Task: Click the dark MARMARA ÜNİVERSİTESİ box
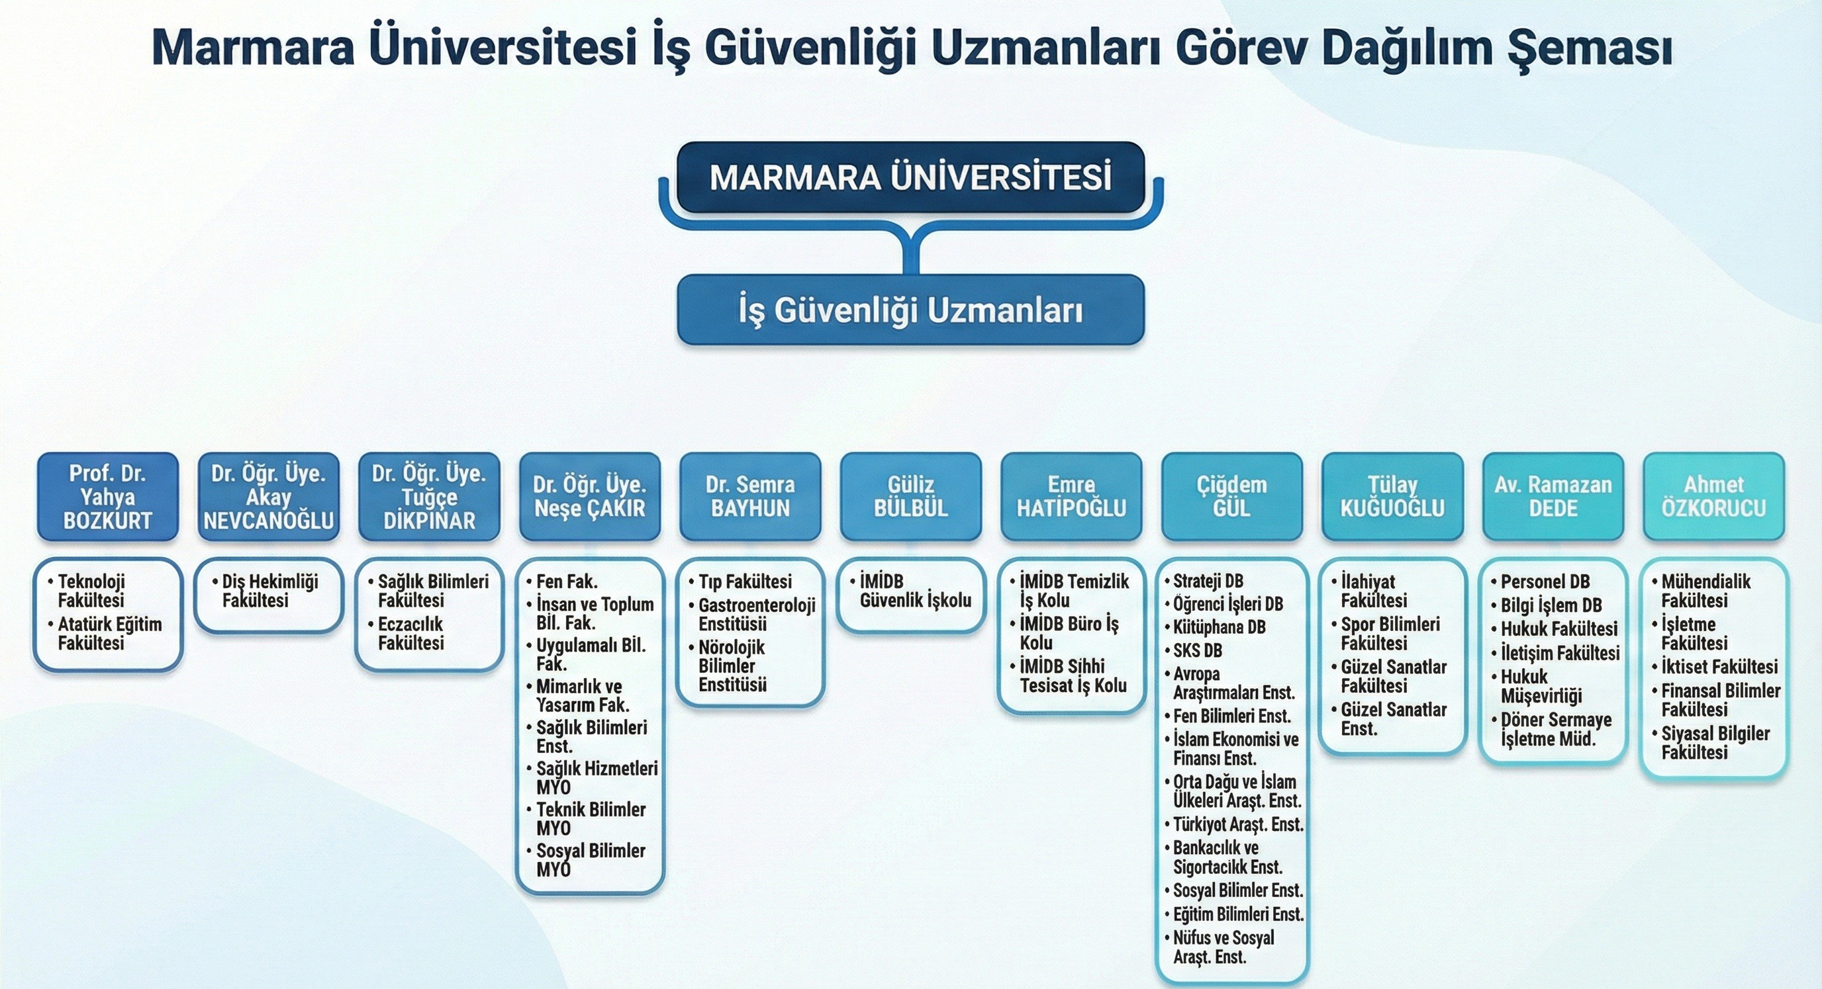tap(911, 177)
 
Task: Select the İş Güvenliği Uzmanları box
tap(911, 310)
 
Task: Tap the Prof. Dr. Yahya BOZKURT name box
tap(107, 497)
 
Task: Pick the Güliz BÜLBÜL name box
tap(911, 497)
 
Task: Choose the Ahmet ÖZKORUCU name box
tap(1714, 497)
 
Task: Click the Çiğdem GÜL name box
tap(1232, 497)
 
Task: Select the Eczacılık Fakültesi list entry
tap(406, 633)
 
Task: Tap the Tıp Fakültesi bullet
tap(741, 581)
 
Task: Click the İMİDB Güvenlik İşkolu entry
tap(911, 591)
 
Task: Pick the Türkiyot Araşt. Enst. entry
tap(1234, 824)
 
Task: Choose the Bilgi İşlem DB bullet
tap(1547, 606)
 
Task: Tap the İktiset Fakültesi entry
tap(1715, 667)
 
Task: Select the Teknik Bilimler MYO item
tap(587, 818)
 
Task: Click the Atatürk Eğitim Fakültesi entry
tap(105, 633)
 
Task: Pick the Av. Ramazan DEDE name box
tap(1553, 497)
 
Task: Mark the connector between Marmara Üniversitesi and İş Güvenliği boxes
tap(911, 244)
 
